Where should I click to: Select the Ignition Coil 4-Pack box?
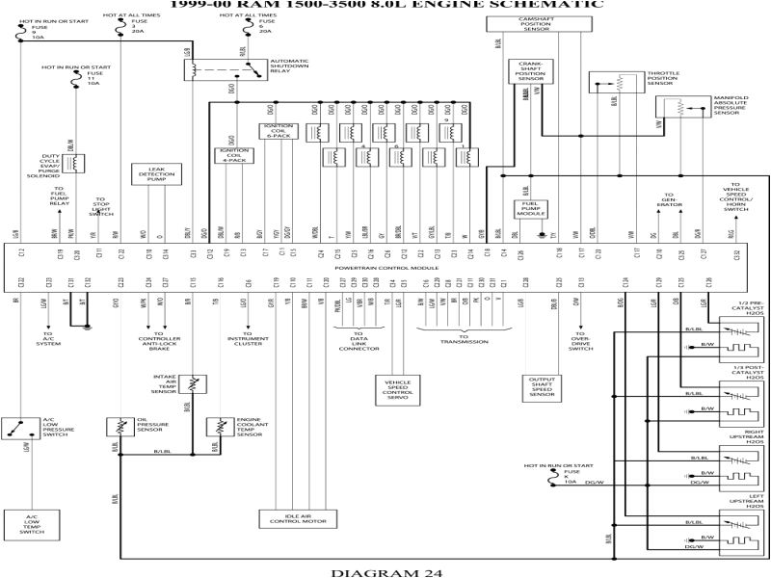[235, 155]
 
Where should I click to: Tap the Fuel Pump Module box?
[527, 208]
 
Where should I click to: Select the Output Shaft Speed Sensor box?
[543, 387]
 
